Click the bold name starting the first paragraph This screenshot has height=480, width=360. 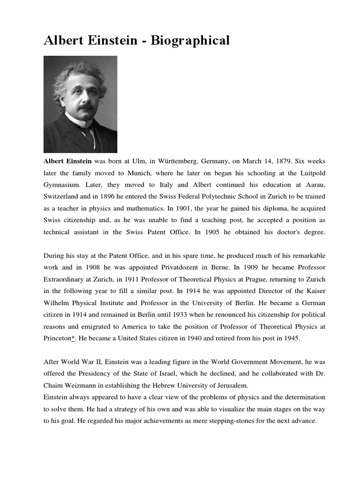point(68,161)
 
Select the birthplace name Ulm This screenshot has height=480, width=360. point(136,161)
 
